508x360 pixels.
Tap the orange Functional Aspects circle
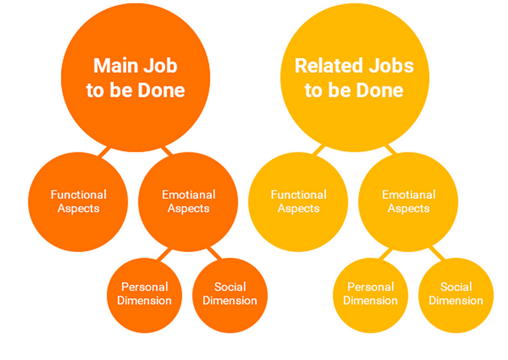78,201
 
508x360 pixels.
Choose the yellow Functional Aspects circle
298,201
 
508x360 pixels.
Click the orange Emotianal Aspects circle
188,201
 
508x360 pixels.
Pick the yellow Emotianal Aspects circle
408,201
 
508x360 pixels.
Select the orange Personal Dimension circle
145,293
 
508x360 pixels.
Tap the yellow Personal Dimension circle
370,293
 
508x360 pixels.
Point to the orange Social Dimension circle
230,293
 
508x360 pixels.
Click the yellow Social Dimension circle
455,293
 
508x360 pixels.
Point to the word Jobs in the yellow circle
391,66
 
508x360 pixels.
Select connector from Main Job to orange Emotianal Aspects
166,150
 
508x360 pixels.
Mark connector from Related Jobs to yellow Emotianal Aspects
389,150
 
